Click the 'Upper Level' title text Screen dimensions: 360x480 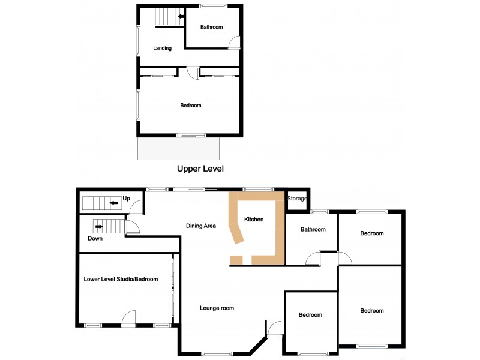[x=200, y=169]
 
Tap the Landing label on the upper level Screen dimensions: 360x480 [x=162, y=48]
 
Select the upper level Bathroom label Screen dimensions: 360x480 [x=211, y=27]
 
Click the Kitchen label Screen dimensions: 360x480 [x=254, y=220]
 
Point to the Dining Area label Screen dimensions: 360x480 [x=200, y=226]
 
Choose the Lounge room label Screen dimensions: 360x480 [x=217, y=308]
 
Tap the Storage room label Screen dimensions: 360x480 [x=297, y=199]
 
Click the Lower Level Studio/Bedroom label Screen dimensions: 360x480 [x=121, y=280]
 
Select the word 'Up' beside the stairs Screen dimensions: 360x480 [x=126, y=199]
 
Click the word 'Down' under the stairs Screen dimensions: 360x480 [x=95, y=238]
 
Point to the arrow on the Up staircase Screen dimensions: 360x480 [x=113, y=204]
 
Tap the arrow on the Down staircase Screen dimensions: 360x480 [x=98, y=227]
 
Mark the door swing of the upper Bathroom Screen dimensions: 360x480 [x=235, y=42]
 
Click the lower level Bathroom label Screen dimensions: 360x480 [x=313, y=230]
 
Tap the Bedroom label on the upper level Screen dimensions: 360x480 [x=191, y=106]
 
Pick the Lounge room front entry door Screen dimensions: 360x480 [x=274, y=329]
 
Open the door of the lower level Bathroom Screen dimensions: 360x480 [x=313, y=259]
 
